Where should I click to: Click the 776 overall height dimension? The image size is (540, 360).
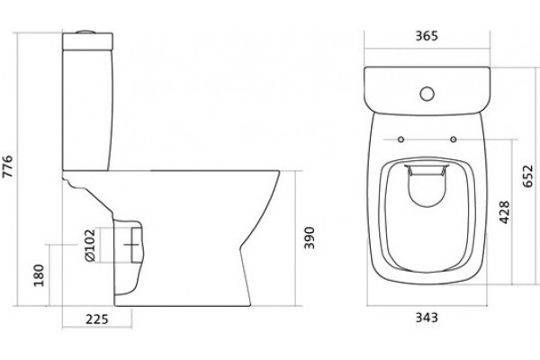click(x=7, y=166)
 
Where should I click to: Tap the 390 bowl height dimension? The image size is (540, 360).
click(x=310, y=238)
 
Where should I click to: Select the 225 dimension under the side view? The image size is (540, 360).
click(x=97, y=319)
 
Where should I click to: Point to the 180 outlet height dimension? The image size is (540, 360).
click(x=39, y=274)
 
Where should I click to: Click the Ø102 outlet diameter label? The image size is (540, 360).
click(x=89, y=245)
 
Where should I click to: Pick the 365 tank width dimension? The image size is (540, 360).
click(x=427, y=36)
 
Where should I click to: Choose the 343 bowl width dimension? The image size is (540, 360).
click(x=427, y=317)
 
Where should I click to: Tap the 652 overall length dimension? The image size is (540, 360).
click(x=527, y=176)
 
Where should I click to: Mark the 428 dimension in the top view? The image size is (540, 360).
click(x=504, y=212)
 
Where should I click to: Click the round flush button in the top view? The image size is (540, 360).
click(x=427, y=94)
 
